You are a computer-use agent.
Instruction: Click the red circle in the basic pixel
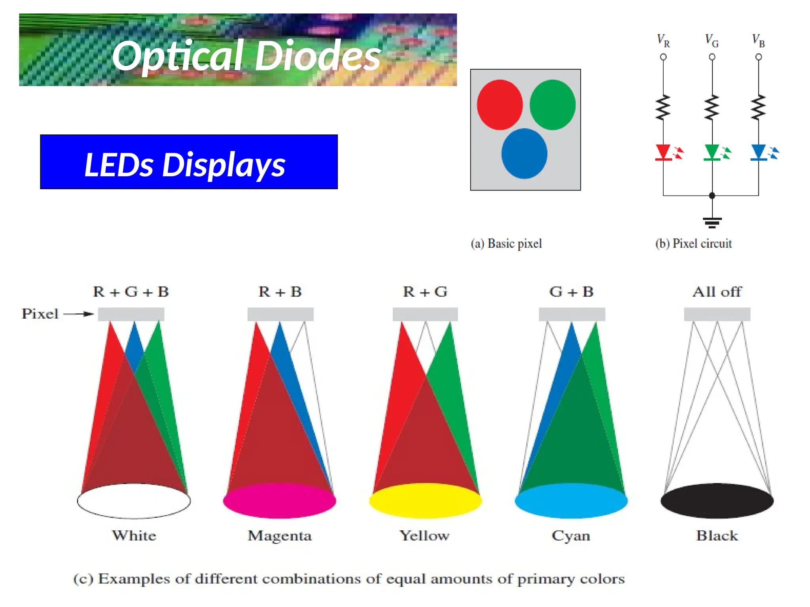pyautogui.click(x=500, y=105)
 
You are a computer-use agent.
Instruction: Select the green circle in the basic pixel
pyautogui.click(x=552, y=105)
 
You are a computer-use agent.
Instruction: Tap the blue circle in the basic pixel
pyautogui.click(x=524, y=153)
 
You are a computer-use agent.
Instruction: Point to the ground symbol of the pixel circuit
pyautogui.click(x=712, y=222)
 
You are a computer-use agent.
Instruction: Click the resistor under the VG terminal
pyautogui.click(x=712, y=107)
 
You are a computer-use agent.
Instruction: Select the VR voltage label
pyautogui.click(x=663, y=41)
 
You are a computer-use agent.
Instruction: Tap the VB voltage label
pyautogui.click(x=758, y=41)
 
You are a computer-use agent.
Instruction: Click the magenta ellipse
pyautogui.click(x=280, y=501)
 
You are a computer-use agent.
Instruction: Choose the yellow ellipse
pyautogui.click(x=426, y=501)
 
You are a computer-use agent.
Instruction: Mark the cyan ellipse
pyautogui.click(x=571, y=501)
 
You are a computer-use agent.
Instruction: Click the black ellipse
pyautogui.click(x=717, y=501)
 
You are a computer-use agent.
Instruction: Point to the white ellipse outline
pyautogui.click(x=134, y=501)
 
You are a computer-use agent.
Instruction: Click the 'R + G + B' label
pyautogui.click(x=131, y=292)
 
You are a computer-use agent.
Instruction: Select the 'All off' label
pyautogui.click(x=717, y=292)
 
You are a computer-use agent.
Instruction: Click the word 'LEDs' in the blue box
pyautogui.click(x=119, y=164)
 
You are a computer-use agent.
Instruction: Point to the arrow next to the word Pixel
pyautogui.click(x=79, y=314)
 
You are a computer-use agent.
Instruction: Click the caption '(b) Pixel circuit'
pyautogui.click(x=693, y=243)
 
